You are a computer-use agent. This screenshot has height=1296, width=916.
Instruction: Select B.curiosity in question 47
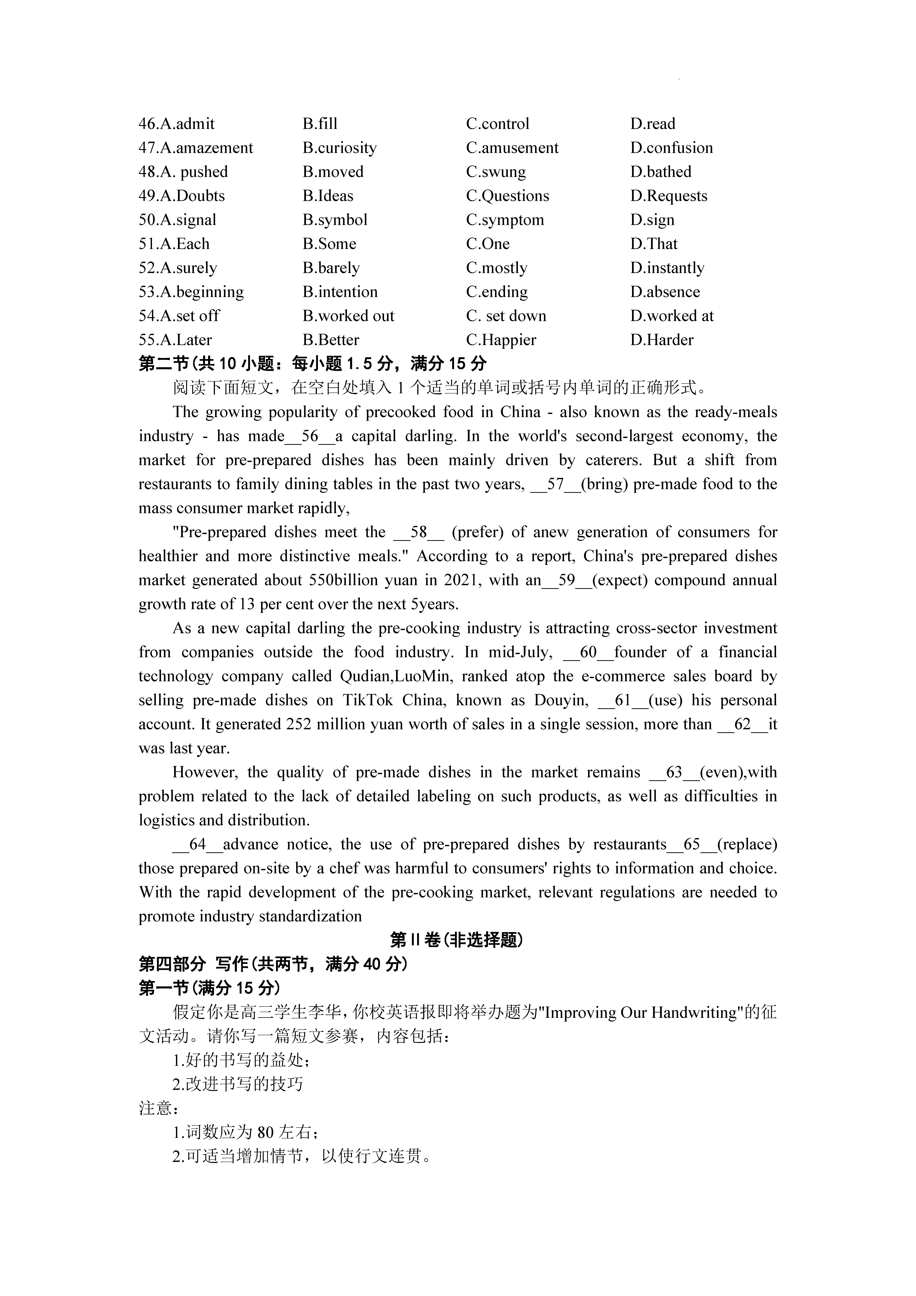(339, 148)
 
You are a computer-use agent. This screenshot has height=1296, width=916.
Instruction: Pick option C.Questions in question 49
(507, 196)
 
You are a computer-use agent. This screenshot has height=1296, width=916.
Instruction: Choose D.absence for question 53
(665, 292)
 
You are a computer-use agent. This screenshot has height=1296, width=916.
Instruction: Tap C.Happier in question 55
(501, 340)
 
